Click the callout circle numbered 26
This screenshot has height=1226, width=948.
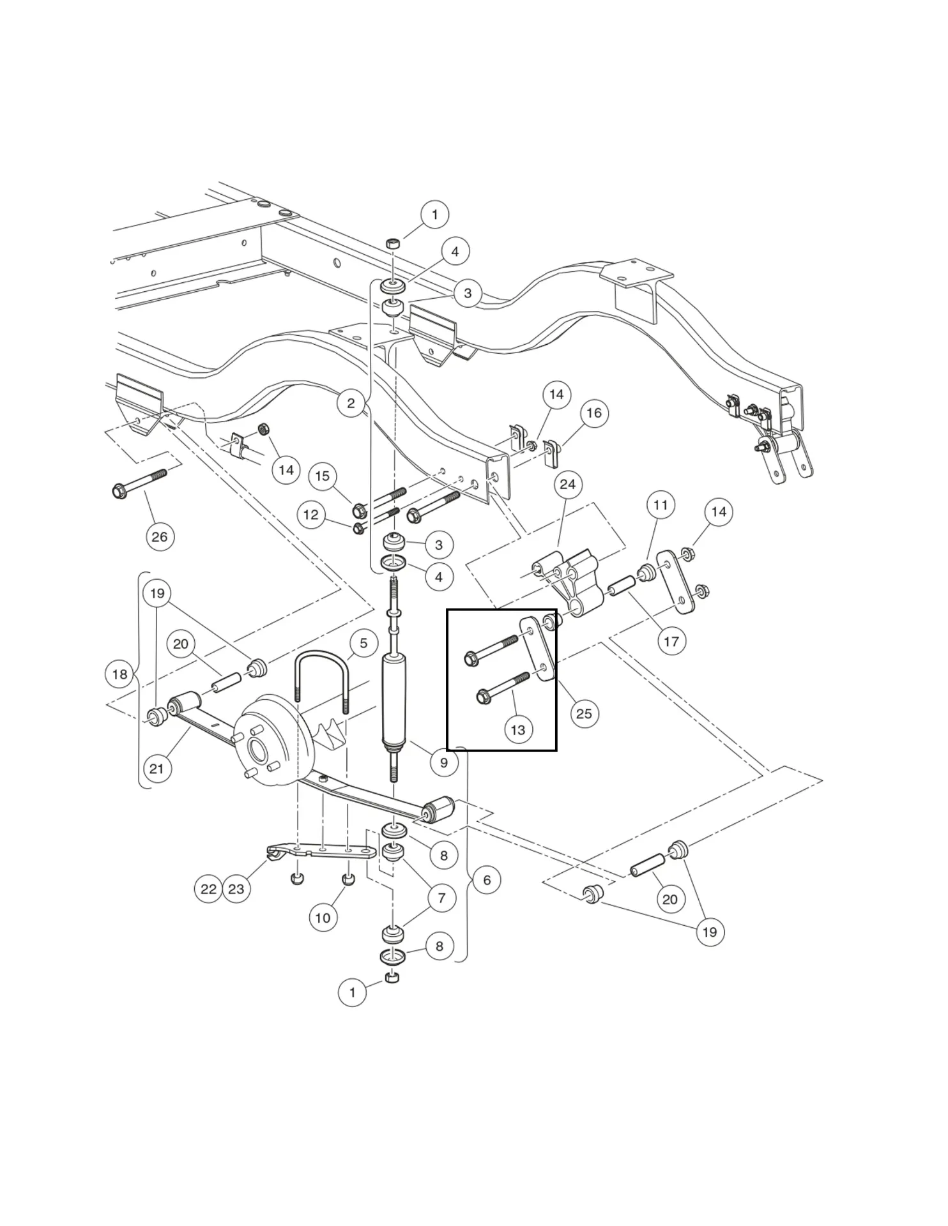coord(159,536)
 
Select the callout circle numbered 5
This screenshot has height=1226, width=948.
coord(363,643)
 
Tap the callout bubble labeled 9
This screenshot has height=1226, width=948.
coord(444,762)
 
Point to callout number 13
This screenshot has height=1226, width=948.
coord(518,729)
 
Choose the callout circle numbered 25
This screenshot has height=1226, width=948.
coord(584,713)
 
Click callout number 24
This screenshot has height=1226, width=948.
coord(567,485)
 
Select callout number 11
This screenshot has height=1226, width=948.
coord(661,506)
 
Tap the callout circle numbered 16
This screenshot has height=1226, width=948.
coord(594,413)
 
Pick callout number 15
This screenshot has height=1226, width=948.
coord(323,476)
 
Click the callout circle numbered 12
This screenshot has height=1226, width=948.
coord(311,515)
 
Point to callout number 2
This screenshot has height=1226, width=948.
coord(351,403)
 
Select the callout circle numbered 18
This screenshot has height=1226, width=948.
coord(119,674)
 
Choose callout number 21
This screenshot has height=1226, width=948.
coord(157,769)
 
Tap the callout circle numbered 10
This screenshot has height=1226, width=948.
coord(323,918)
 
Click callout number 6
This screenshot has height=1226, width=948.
coord(487,880)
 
